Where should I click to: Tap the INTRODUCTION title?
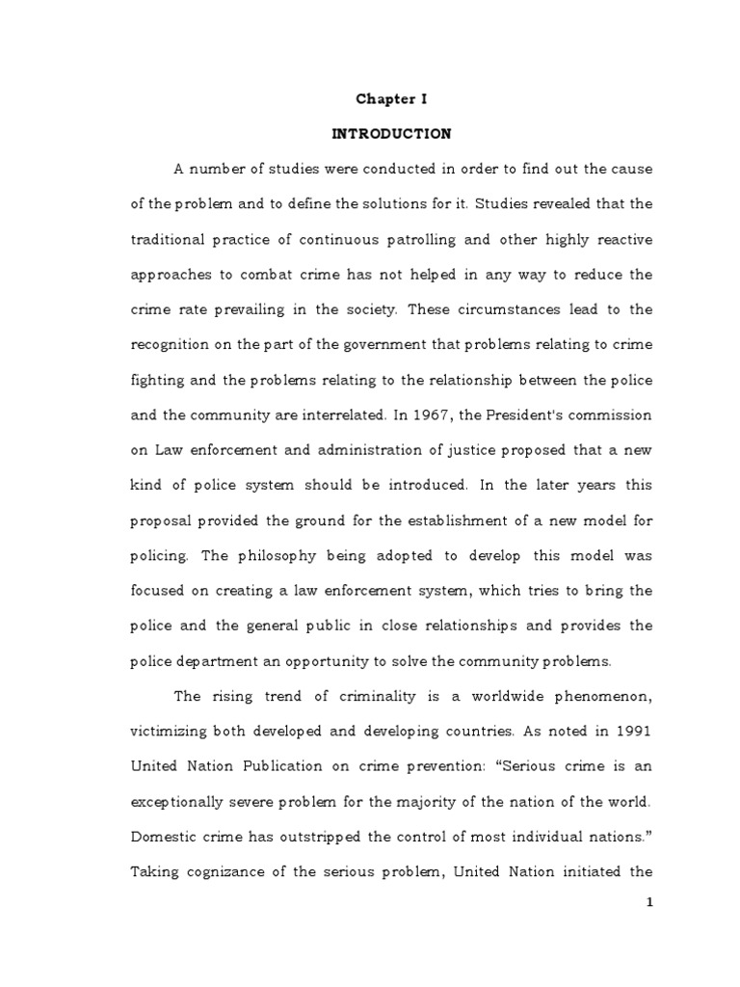coord(391,134)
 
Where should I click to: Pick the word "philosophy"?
coord(275,556)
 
